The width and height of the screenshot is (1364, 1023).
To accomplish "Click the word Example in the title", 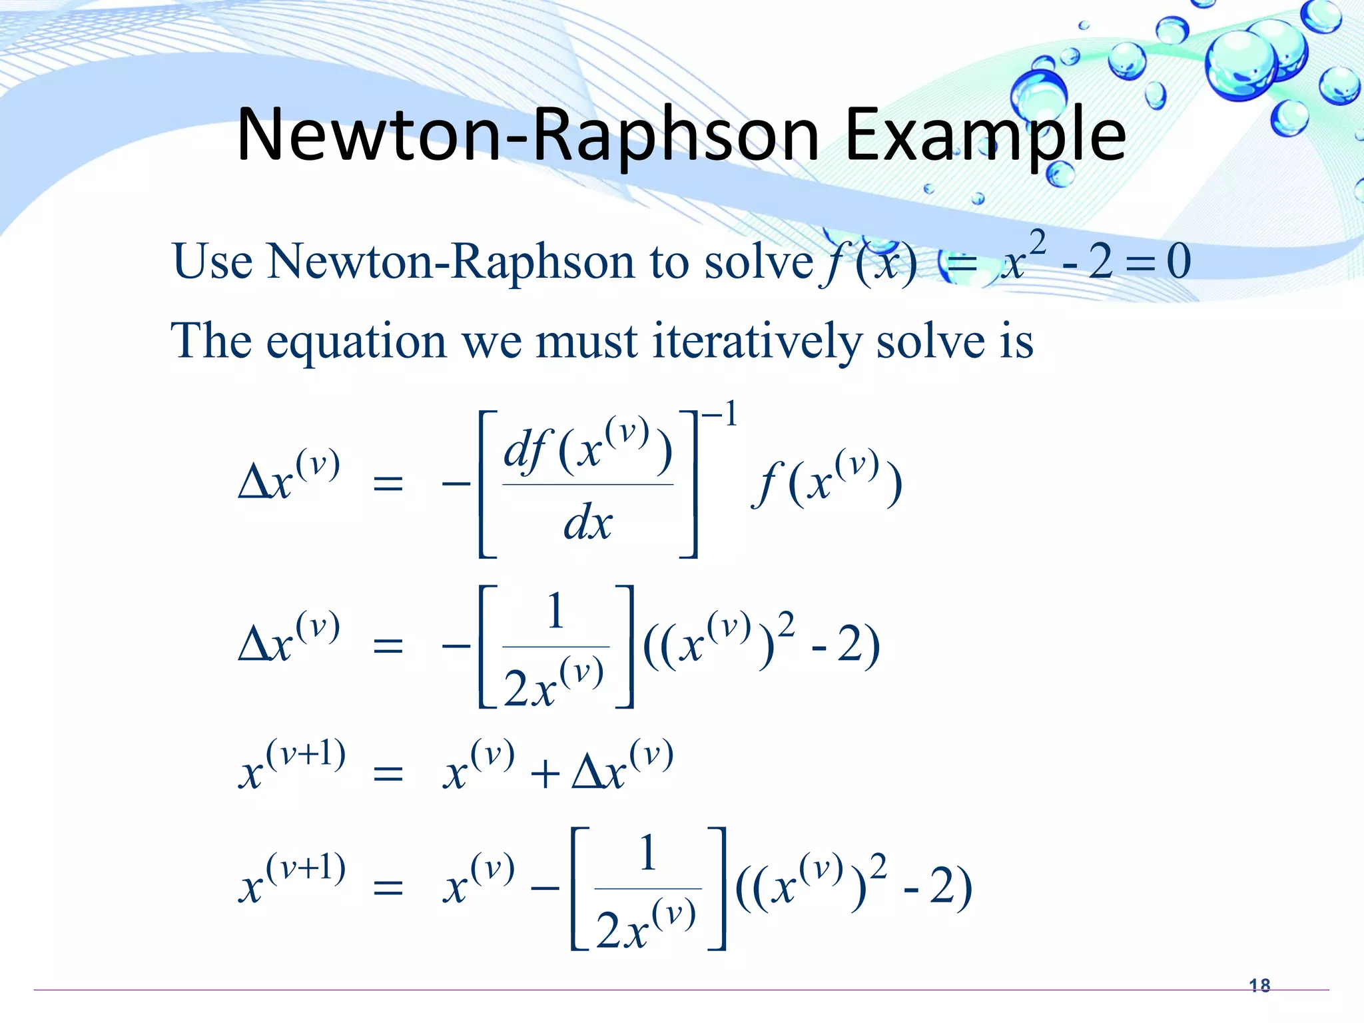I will pos(985,137).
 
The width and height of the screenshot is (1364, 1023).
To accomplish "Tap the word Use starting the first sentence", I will pos(212,261).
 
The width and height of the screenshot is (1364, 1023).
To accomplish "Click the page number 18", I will pos(1259,985).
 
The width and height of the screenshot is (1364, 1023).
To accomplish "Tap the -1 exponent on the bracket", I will pos(720,416).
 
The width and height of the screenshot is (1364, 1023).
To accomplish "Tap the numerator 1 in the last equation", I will pos(648,853).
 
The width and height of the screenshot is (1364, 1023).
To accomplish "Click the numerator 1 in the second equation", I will pos(555,611).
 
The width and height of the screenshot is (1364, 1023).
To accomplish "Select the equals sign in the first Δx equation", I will pos(388,483).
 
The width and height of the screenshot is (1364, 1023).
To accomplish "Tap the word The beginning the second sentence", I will pos(211,341).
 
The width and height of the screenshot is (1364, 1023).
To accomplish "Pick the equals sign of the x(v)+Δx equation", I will pos(388,775).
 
